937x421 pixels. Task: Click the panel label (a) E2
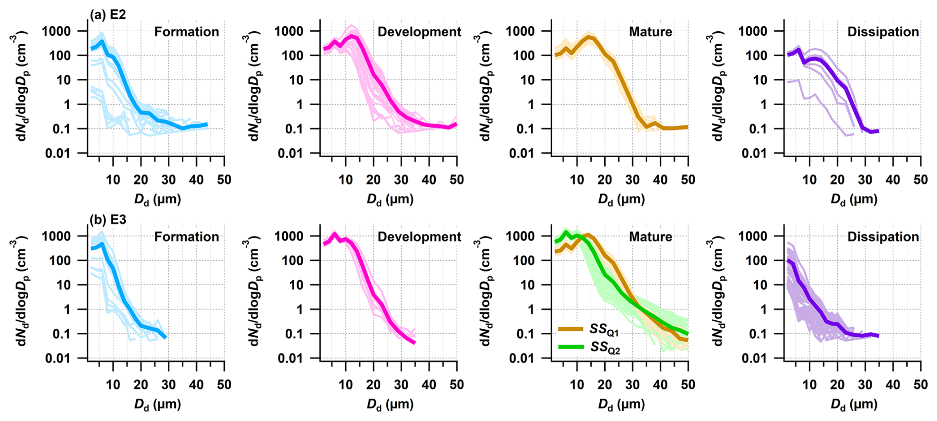[107, 15]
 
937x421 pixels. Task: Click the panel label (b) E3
[107, 220]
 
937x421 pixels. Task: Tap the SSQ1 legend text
[604, 329]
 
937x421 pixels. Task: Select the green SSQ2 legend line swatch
[570, 347]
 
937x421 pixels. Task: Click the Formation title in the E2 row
[186, 32]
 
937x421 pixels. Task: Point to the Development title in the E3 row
[419, 237]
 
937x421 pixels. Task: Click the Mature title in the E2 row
[650, 32]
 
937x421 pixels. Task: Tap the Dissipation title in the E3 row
[883, 237]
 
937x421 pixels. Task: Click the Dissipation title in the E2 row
[883, 32]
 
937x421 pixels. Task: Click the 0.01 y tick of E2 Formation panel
[58, 153]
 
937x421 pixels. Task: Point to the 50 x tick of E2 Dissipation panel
[920, 180]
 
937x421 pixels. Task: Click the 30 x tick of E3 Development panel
[401, 384]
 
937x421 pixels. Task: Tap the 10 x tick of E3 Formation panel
[113, 384]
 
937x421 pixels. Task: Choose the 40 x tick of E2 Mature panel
[660, 180]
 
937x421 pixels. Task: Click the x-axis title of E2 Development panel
[390, 199]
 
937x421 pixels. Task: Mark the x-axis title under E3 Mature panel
[621, 405]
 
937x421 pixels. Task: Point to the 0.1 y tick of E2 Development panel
[296, 129]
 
